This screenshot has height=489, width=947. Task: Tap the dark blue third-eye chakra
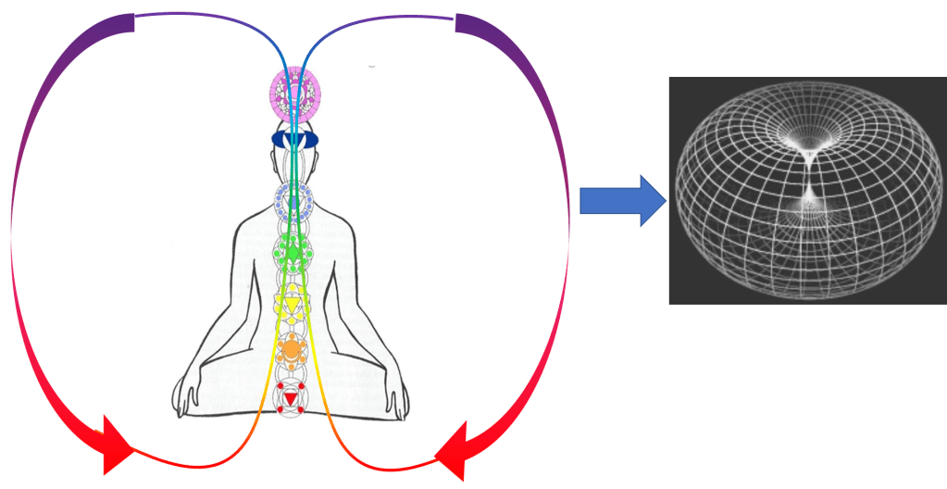293,139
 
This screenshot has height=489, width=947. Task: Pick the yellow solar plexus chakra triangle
292,303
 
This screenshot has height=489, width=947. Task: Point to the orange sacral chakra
292,348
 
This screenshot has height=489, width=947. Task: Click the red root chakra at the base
291,399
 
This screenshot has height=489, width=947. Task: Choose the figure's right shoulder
352,222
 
